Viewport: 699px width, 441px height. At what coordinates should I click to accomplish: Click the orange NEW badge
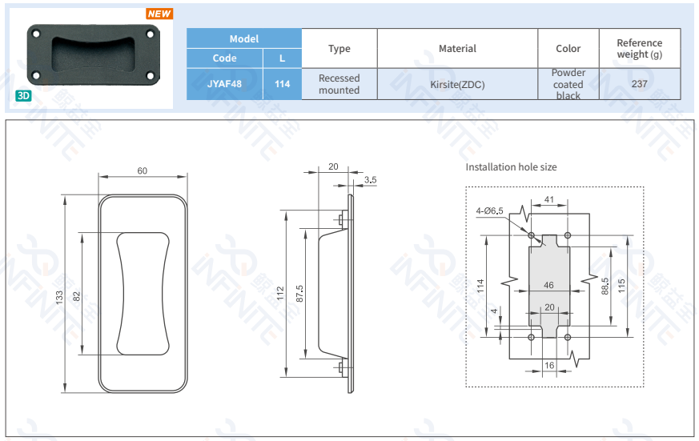click(x=159, y=14)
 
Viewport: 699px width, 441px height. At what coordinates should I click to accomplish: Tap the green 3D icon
click(x=22, y=95)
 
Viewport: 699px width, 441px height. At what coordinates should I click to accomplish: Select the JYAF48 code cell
click(x=224, y=84)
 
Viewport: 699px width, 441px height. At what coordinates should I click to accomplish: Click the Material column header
click(x=457, y=49)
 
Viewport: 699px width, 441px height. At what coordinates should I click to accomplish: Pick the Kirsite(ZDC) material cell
click(x=457, y=84)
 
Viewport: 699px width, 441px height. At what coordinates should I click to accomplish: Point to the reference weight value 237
click(x=639, y=84)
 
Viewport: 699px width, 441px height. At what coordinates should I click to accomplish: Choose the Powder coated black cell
click(x=568, y=84)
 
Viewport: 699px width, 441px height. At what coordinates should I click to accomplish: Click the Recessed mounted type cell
click(x=339, y=84)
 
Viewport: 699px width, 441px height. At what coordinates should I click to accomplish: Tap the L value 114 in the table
click(x=282, y=84)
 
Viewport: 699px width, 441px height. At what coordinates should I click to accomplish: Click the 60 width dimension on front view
click(x=143, y=170)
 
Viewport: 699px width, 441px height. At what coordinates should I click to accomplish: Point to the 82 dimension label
click(x=77, y=295)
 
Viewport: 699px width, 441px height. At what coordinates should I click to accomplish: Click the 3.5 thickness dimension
click(x=370, y=181)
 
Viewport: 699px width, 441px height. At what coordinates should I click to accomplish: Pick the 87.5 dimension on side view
click(x=299, y=295)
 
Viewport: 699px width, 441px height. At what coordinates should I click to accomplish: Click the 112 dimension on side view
click(x=280, y=293)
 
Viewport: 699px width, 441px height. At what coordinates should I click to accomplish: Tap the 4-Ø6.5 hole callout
click(x=489, y=210)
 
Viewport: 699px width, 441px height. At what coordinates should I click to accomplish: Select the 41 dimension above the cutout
click(x=549, y=199)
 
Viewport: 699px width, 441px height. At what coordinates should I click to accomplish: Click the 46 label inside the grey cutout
click(x=548, y=285)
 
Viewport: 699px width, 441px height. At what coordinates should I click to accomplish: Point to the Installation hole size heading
click(x=511, y=167)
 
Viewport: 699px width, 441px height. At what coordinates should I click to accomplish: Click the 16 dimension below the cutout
click(x=549, y=365)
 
